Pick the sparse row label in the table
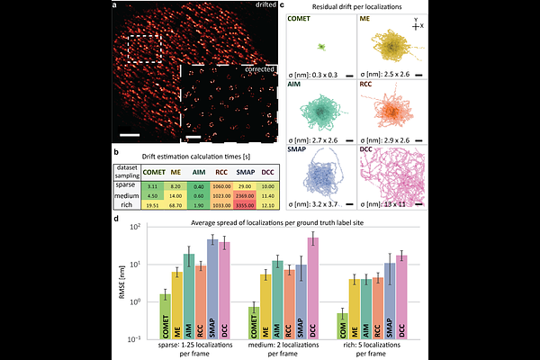[x=126, y=184]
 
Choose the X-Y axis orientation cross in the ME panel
[x=414, y=28]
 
